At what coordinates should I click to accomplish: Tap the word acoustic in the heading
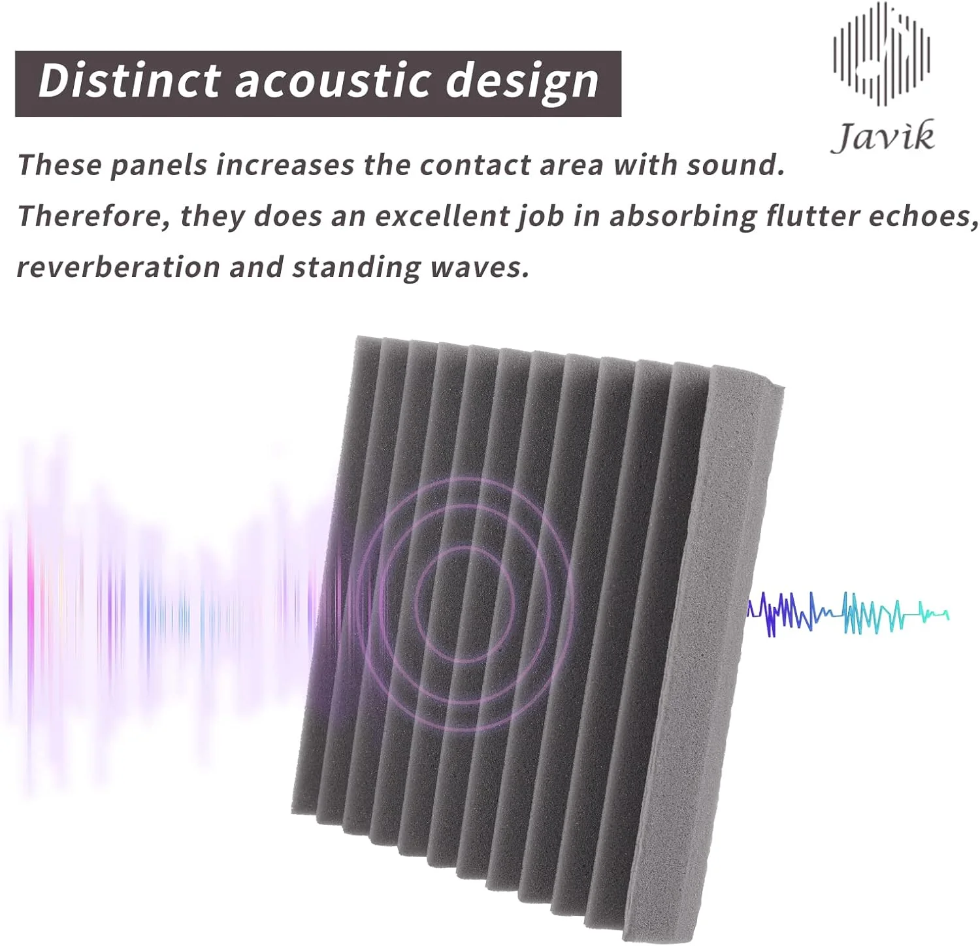click(333, 80)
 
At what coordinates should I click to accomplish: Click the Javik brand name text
click(883, 137)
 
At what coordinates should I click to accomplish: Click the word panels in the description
click(158, 165)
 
